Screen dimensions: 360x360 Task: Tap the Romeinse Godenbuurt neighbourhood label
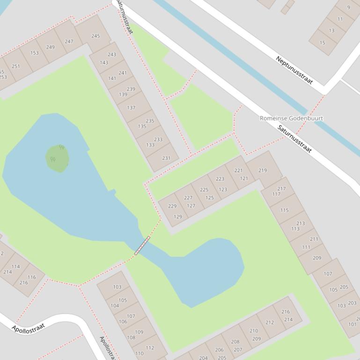pos(291,118)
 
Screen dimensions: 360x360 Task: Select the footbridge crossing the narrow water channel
pos(142,245)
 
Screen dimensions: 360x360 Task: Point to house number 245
pos(96,36)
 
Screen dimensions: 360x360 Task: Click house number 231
pos(166,158)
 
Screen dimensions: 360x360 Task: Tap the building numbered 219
pos(262,170)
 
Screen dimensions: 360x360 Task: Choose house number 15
pos(322,43)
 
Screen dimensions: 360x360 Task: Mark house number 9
pos(348,7)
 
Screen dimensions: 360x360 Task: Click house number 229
pos(172,206)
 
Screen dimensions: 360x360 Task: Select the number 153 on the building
pos(35,53)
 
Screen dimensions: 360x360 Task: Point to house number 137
pos(131,108)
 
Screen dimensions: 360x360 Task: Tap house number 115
pos(285,210)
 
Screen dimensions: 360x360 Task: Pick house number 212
pos(270,322)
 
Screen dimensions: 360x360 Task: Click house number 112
pos(150,348)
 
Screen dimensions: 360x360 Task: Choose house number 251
pos(16,66)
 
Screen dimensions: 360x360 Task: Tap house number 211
pos(314,239)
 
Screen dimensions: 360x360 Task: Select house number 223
pos(220,179)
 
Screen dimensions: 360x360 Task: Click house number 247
pos(69,42)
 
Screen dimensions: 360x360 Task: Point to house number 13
pos(331,31)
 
